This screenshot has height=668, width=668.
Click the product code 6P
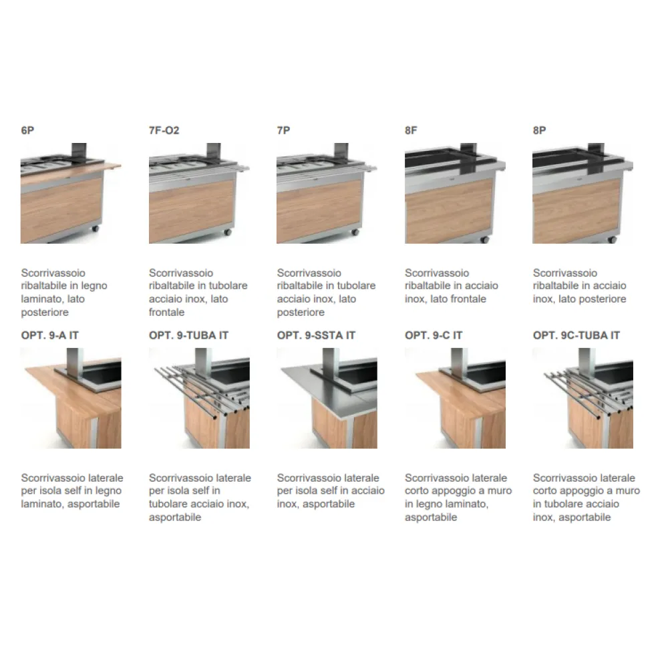coord(27,130)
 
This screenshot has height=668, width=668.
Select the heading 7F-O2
coord(164,130)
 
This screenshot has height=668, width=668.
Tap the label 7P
coord(284,130)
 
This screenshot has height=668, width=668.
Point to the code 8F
coord(411,130)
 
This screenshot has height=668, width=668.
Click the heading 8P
coord(540,130)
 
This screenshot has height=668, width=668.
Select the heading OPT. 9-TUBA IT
coord(188,335)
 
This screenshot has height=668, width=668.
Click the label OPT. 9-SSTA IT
coord(316,335)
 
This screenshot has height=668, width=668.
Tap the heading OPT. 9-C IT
coord(434,335)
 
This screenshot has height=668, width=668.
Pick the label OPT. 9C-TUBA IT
coord(576,335)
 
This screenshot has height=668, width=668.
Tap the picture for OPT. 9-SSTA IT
coord(327,398)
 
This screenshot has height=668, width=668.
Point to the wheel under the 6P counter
coord(95,228)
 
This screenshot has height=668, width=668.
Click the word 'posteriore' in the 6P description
coord(45,312)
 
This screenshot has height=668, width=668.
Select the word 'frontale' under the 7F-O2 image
coord(167,312)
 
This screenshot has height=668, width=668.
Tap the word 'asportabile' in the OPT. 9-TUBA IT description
coord(175,517)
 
